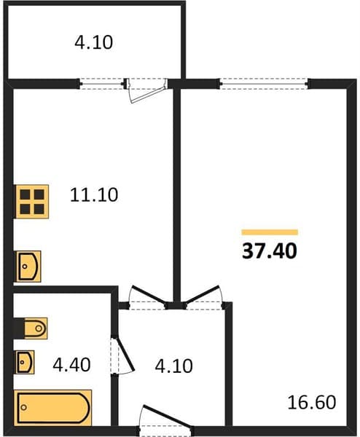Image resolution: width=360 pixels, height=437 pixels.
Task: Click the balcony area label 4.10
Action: [x=94, y=43]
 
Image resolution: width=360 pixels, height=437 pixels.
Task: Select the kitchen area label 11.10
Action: [x=94, y=194]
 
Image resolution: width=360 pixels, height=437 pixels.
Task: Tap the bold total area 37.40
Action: [x=270, y=251]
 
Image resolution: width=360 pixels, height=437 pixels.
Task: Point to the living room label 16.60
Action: [x=311, y=403]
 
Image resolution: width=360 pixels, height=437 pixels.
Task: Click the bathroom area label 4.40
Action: [x=71, y=365]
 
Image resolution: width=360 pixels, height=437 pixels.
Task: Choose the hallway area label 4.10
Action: [x=173, y=366]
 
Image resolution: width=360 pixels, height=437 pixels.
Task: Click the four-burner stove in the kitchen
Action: [x=32, y=201]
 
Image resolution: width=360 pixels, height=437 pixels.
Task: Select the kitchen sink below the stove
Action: [x=28, y=266]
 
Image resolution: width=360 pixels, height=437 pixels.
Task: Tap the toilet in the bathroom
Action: [x=35, y=328]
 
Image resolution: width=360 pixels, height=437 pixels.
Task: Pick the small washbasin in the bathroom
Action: [x=26, y=362]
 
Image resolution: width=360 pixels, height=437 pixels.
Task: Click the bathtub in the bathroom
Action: [x=55, y=408]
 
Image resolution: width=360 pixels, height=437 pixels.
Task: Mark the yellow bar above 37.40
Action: [x=270, y=232]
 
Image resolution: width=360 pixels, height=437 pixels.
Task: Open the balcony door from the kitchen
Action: [x=146, y=89]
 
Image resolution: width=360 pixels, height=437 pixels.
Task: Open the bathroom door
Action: [x=122, y=355]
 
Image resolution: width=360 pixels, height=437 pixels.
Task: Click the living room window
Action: [x=264, y=84]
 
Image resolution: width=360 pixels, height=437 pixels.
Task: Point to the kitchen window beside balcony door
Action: [x=102, y=84]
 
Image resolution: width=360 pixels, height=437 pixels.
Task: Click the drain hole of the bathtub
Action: [x=24, y=407]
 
